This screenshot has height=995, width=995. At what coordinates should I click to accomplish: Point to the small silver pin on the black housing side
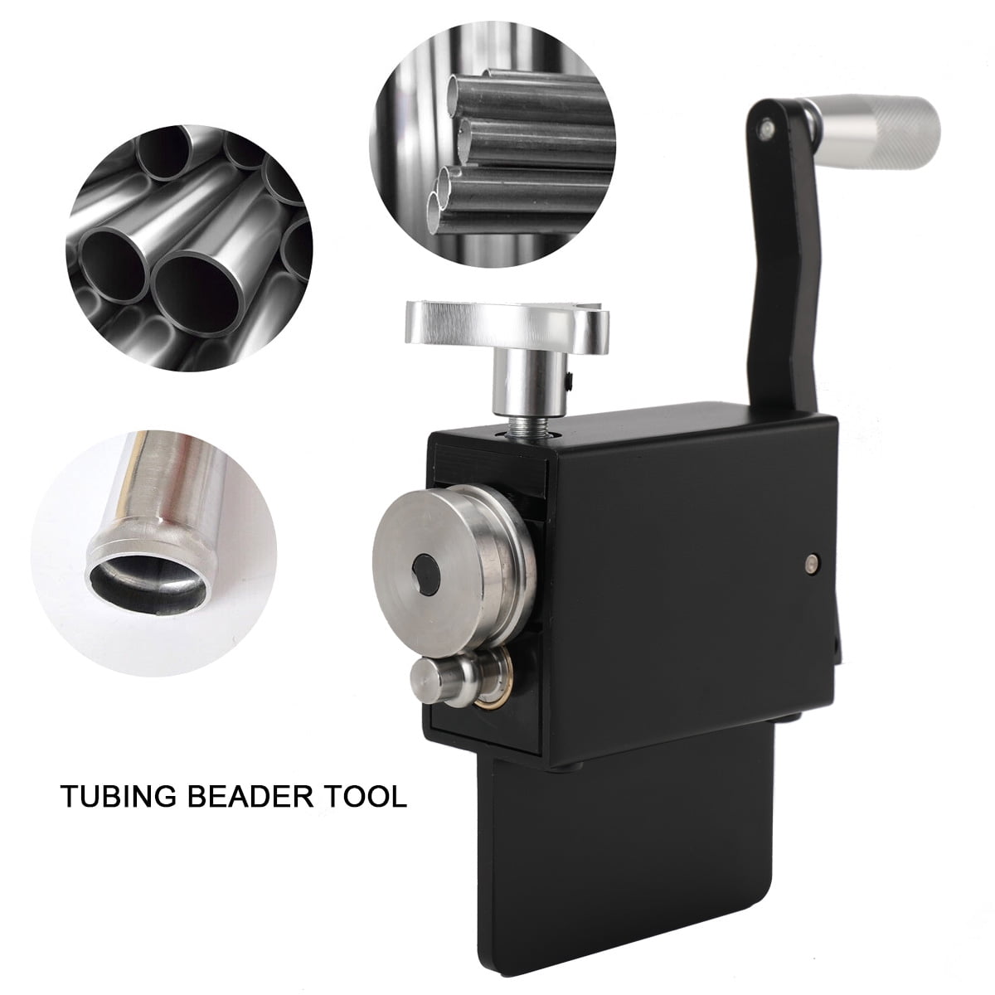pos(808,565)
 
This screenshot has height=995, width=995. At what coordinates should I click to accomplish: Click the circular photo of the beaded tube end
pos(153,539)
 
